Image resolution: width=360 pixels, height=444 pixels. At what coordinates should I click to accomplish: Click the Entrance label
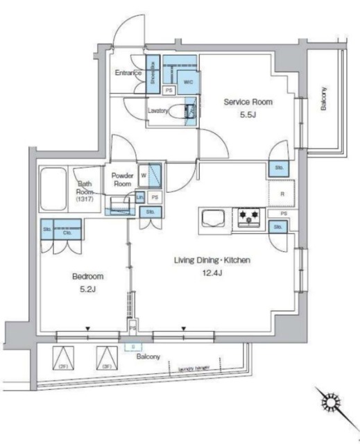(128, 74)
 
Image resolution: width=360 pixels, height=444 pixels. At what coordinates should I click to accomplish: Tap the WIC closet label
(188, 82)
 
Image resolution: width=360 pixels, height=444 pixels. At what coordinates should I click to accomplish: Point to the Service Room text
(248, 101)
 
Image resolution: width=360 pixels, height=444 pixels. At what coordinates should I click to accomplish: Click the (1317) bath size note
(85, 200)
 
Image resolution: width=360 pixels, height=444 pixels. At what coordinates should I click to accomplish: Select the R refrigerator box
(282, 195)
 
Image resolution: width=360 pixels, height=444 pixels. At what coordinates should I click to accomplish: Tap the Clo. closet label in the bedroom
(68, 233)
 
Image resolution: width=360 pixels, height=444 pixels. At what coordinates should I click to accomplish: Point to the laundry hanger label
(194, 369)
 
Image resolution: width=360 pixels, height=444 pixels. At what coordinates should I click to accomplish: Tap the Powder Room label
(122, 180)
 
